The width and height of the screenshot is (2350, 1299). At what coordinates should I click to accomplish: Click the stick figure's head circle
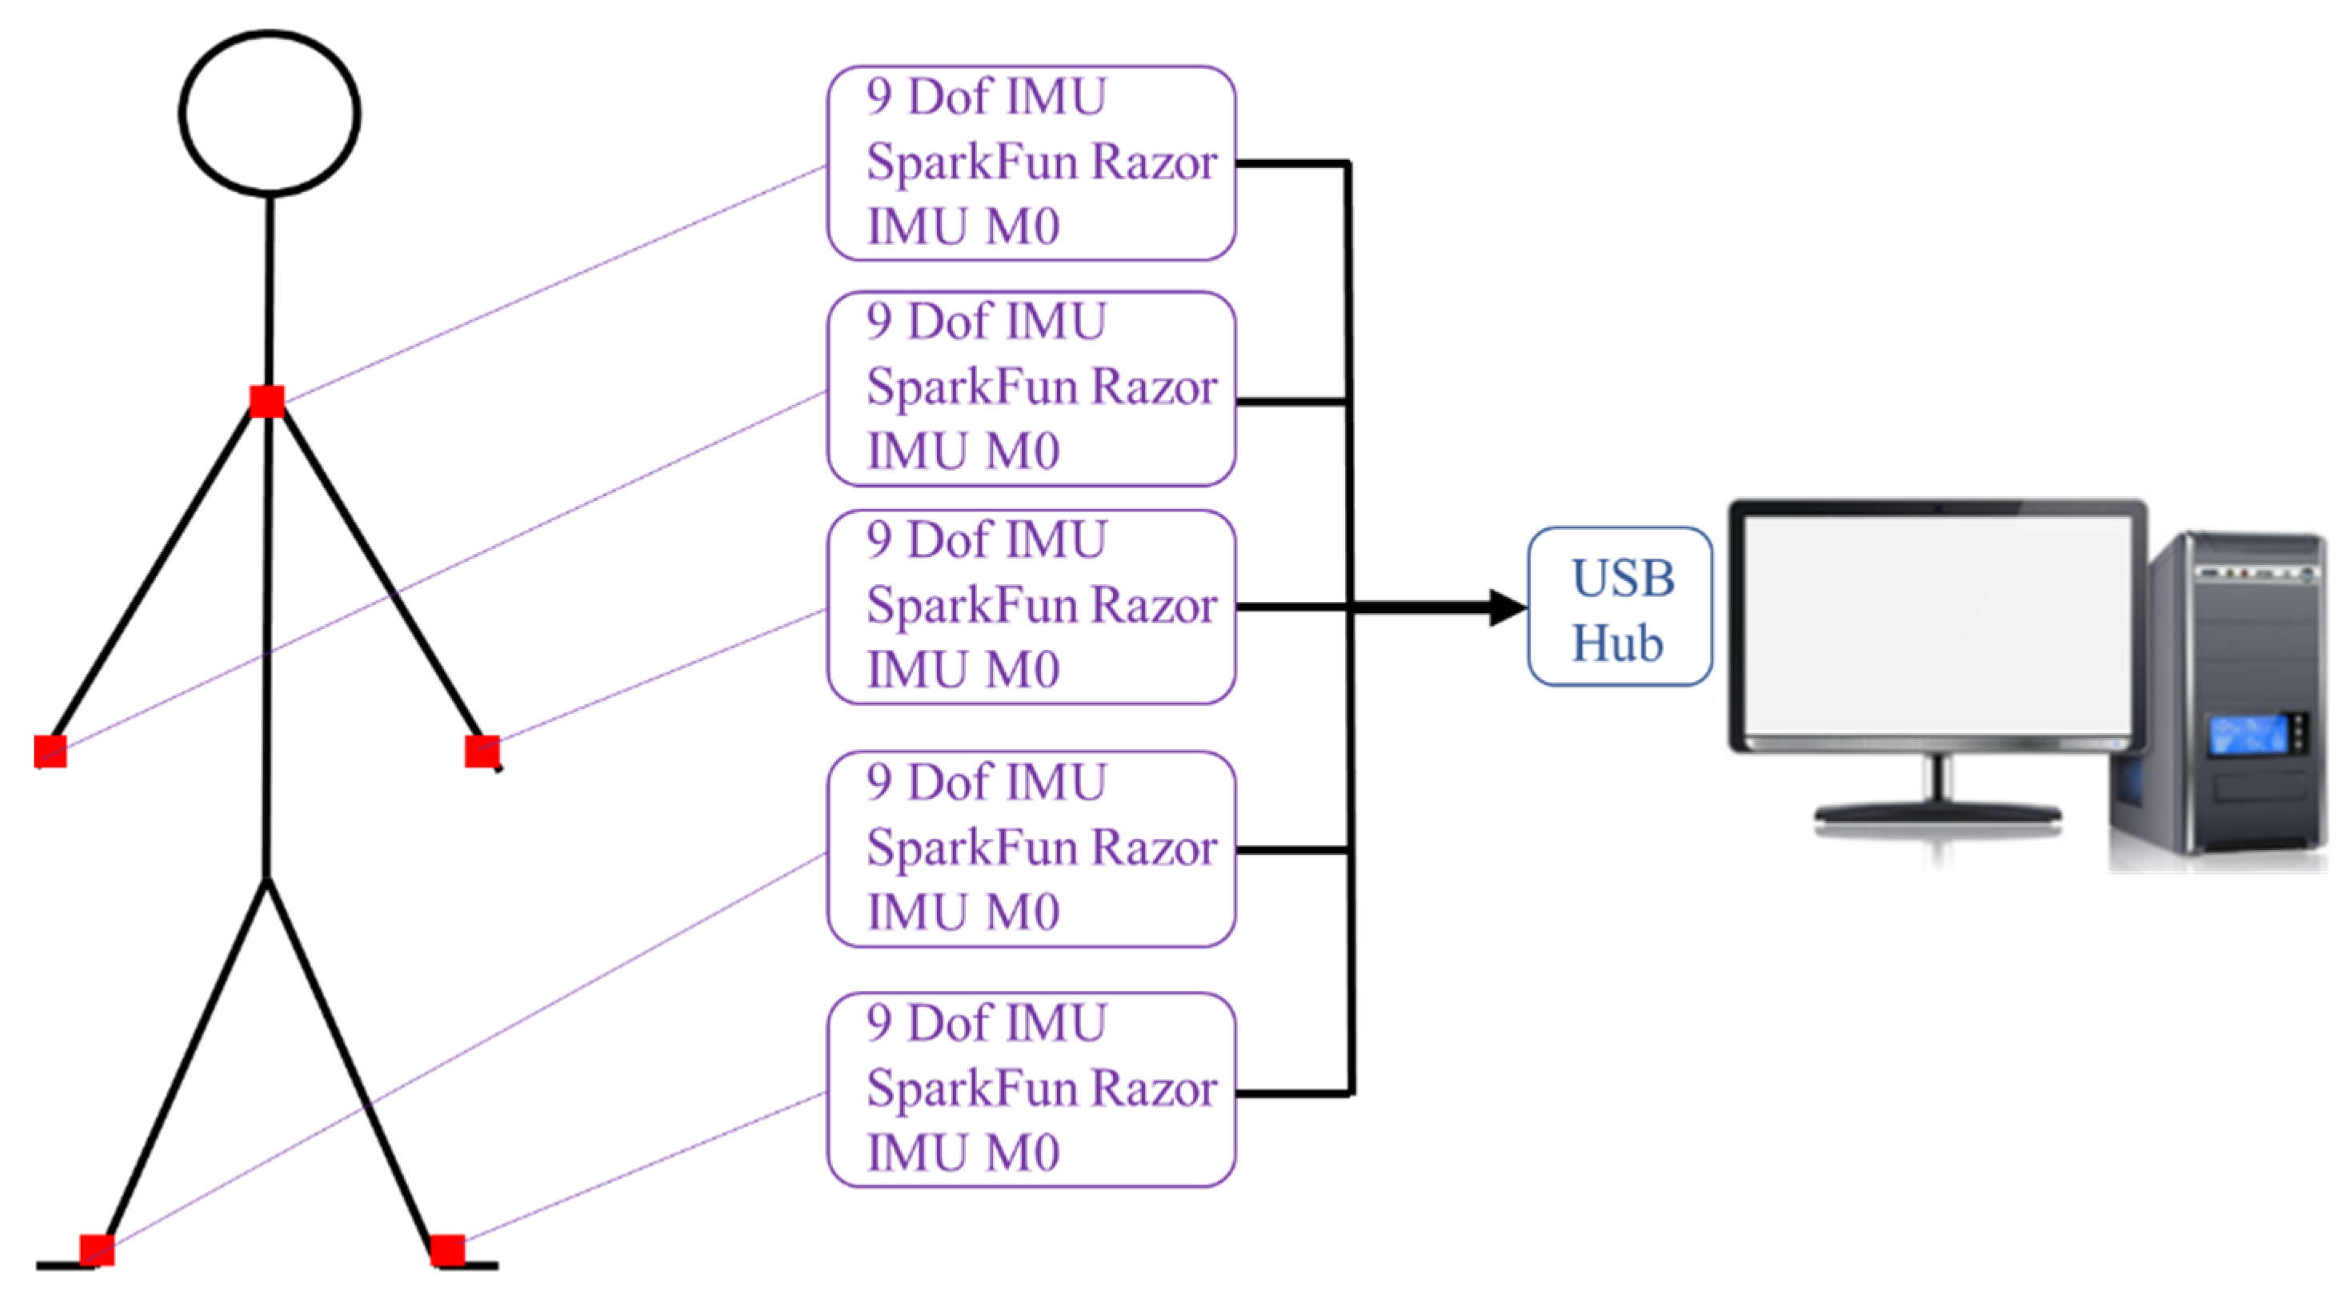tap(269, 113)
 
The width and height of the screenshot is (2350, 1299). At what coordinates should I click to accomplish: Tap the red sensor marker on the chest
tap(267, 401)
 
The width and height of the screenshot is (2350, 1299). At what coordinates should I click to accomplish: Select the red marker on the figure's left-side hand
tap(51, 752)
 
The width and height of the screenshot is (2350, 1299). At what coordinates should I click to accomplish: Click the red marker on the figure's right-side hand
tap(482, 752)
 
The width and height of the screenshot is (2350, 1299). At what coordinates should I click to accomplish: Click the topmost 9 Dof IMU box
tap(1031, 163)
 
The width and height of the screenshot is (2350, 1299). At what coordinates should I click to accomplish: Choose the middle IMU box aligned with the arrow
tap(1031, 607)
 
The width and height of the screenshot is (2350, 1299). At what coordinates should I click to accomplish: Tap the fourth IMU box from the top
tap(1031, 849)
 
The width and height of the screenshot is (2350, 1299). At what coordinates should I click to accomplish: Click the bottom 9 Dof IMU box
tap(1031, 1090)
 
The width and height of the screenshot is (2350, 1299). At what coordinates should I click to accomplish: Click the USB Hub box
tap(1619, 607)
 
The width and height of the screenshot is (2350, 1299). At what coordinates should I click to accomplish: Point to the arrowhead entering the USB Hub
tap(1507, 607)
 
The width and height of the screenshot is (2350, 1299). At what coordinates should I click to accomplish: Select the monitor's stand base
tap(1938, 812)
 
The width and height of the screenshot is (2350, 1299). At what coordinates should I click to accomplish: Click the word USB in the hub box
tap(1623, 579)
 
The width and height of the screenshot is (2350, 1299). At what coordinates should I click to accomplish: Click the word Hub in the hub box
tap(1617, 643)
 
